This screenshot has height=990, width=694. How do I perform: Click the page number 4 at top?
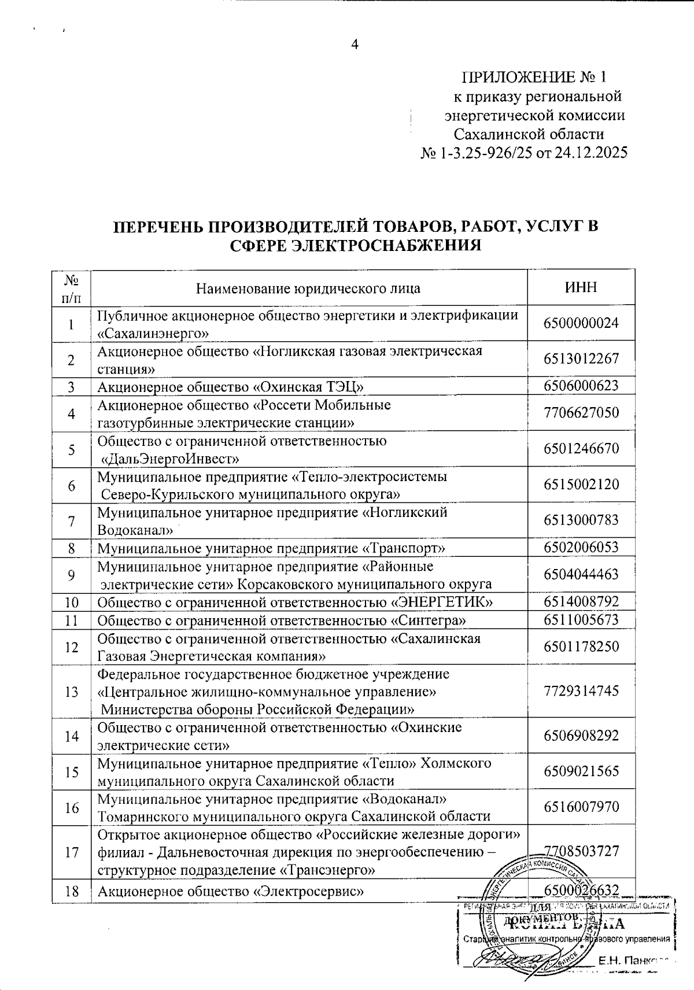[x=355, y=45]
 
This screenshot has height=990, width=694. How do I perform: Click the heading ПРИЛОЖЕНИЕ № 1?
[x=534, y=77]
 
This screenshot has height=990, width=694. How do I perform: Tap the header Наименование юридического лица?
[x=308, y=289]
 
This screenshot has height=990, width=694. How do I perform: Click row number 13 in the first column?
[x=72, y=692]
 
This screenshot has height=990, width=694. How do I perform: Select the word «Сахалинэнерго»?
[x=153, y=333]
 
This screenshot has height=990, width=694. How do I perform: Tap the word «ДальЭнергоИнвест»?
[x=171, y=459]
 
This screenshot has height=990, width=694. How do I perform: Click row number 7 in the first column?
[x=72, y=521]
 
